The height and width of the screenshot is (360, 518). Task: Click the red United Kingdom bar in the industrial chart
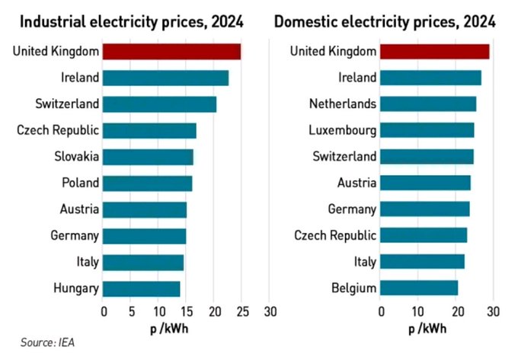pyautogui.click(x=171, y=52)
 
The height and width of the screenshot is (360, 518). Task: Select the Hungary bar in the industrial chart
pyautogui.click(x=141, y=288)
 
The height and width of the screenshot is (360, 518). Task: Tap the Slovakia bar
pyautogui.click(x=148, y=157)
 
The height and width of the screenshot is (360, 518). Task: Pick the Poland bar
pyautogui.click(x=147, y=183)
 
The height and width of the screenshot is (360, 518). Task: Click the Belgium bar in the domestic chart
pyautogui.click(x=418, y=288)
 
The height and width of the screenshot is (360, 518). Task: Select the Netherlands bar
pyautogui.click(x=427, y=104)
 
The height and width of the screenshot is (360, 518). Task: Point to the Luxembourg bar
pyautogui.click(x=427, y=130)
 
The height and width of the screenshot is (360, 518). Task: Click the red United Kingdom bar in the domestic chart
pyautogui.click(x=434, y=52)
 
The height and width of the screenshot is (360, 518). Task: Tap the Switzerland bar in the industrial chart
pyautogui.click(x=159, y=104)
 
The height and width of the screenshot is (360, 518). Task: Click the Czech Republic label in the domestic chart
pyautogui.click(x=335, y=235)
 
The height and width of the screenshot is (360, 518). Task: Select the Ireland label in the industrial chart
pyautogui.click(x=79, y=77)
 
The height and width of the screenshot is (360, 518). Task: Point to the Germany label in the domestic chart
pyautogui.click(x=351, y=209)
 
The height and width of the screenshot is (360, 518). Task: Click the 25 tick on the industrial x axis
pyautogui.click(x=241, y=311)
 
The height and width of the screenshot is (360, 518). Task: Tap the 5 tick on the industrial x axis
pyautogui.click(x=131, y=311)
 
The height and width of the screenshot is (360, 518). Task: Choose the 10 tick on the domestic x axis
pyautogui.click(x=417, y=311)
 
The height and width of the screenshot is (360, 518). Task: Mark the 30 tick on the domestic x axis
pyautogui.click(x=492, y=311)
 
